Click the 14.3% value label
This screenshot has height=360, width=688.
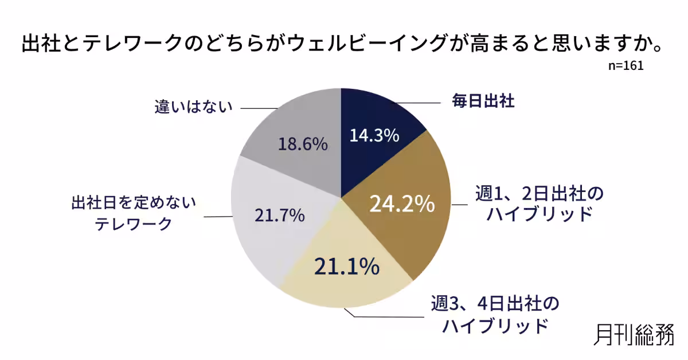(x=374, y=136)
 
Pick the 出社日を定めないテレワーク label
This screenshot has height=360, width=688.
(x=134, y=213)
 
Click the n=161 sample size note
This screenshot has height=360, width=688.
(x=626, y=66)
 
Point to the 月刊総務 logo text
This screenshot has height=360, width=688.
(x=634, y=334)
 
